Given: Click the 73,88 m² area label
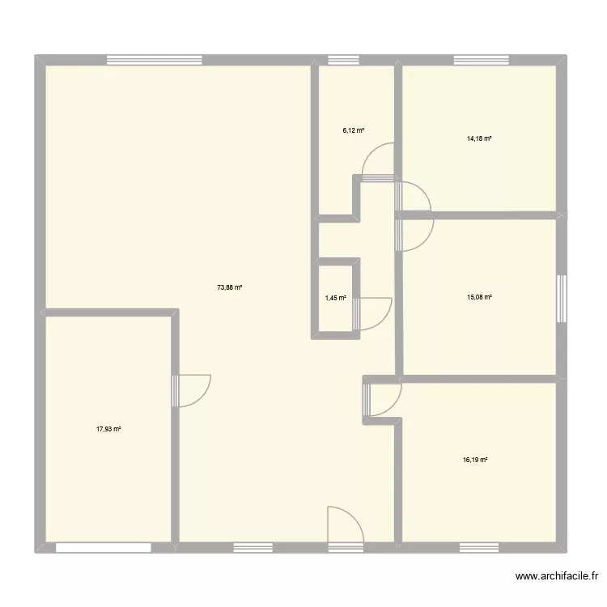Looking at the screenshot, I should [231, 287].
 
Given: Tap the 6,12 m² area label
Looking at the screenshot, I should [354, 129].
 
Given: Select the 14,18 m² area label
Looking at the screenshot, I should [479, 138].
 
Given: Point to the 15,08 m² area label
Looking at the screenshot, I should [479, 297].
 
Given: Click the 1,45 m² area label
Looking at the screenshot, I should [336, 298].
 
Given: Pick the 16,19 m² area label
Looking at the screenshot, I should [475, 460].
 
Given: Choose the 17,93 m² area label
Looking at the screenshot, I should [108, 429].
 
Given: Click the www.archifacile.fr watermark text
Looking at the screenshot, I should [556, 577].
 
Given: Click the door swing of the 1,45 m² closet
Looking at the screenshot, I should [374, 312].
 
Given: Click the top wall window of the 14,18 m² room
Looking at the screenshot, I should [482, 59].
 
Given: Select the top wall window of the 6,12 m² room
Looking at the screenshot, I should [343, 59].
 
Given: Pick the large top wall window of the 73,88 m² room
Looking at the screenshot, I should [154, 59].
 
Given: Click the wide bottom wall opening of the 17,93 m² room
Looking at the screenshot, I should [104, 548].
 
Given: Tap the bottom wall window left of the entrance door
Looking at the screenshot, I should [253, 548].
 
